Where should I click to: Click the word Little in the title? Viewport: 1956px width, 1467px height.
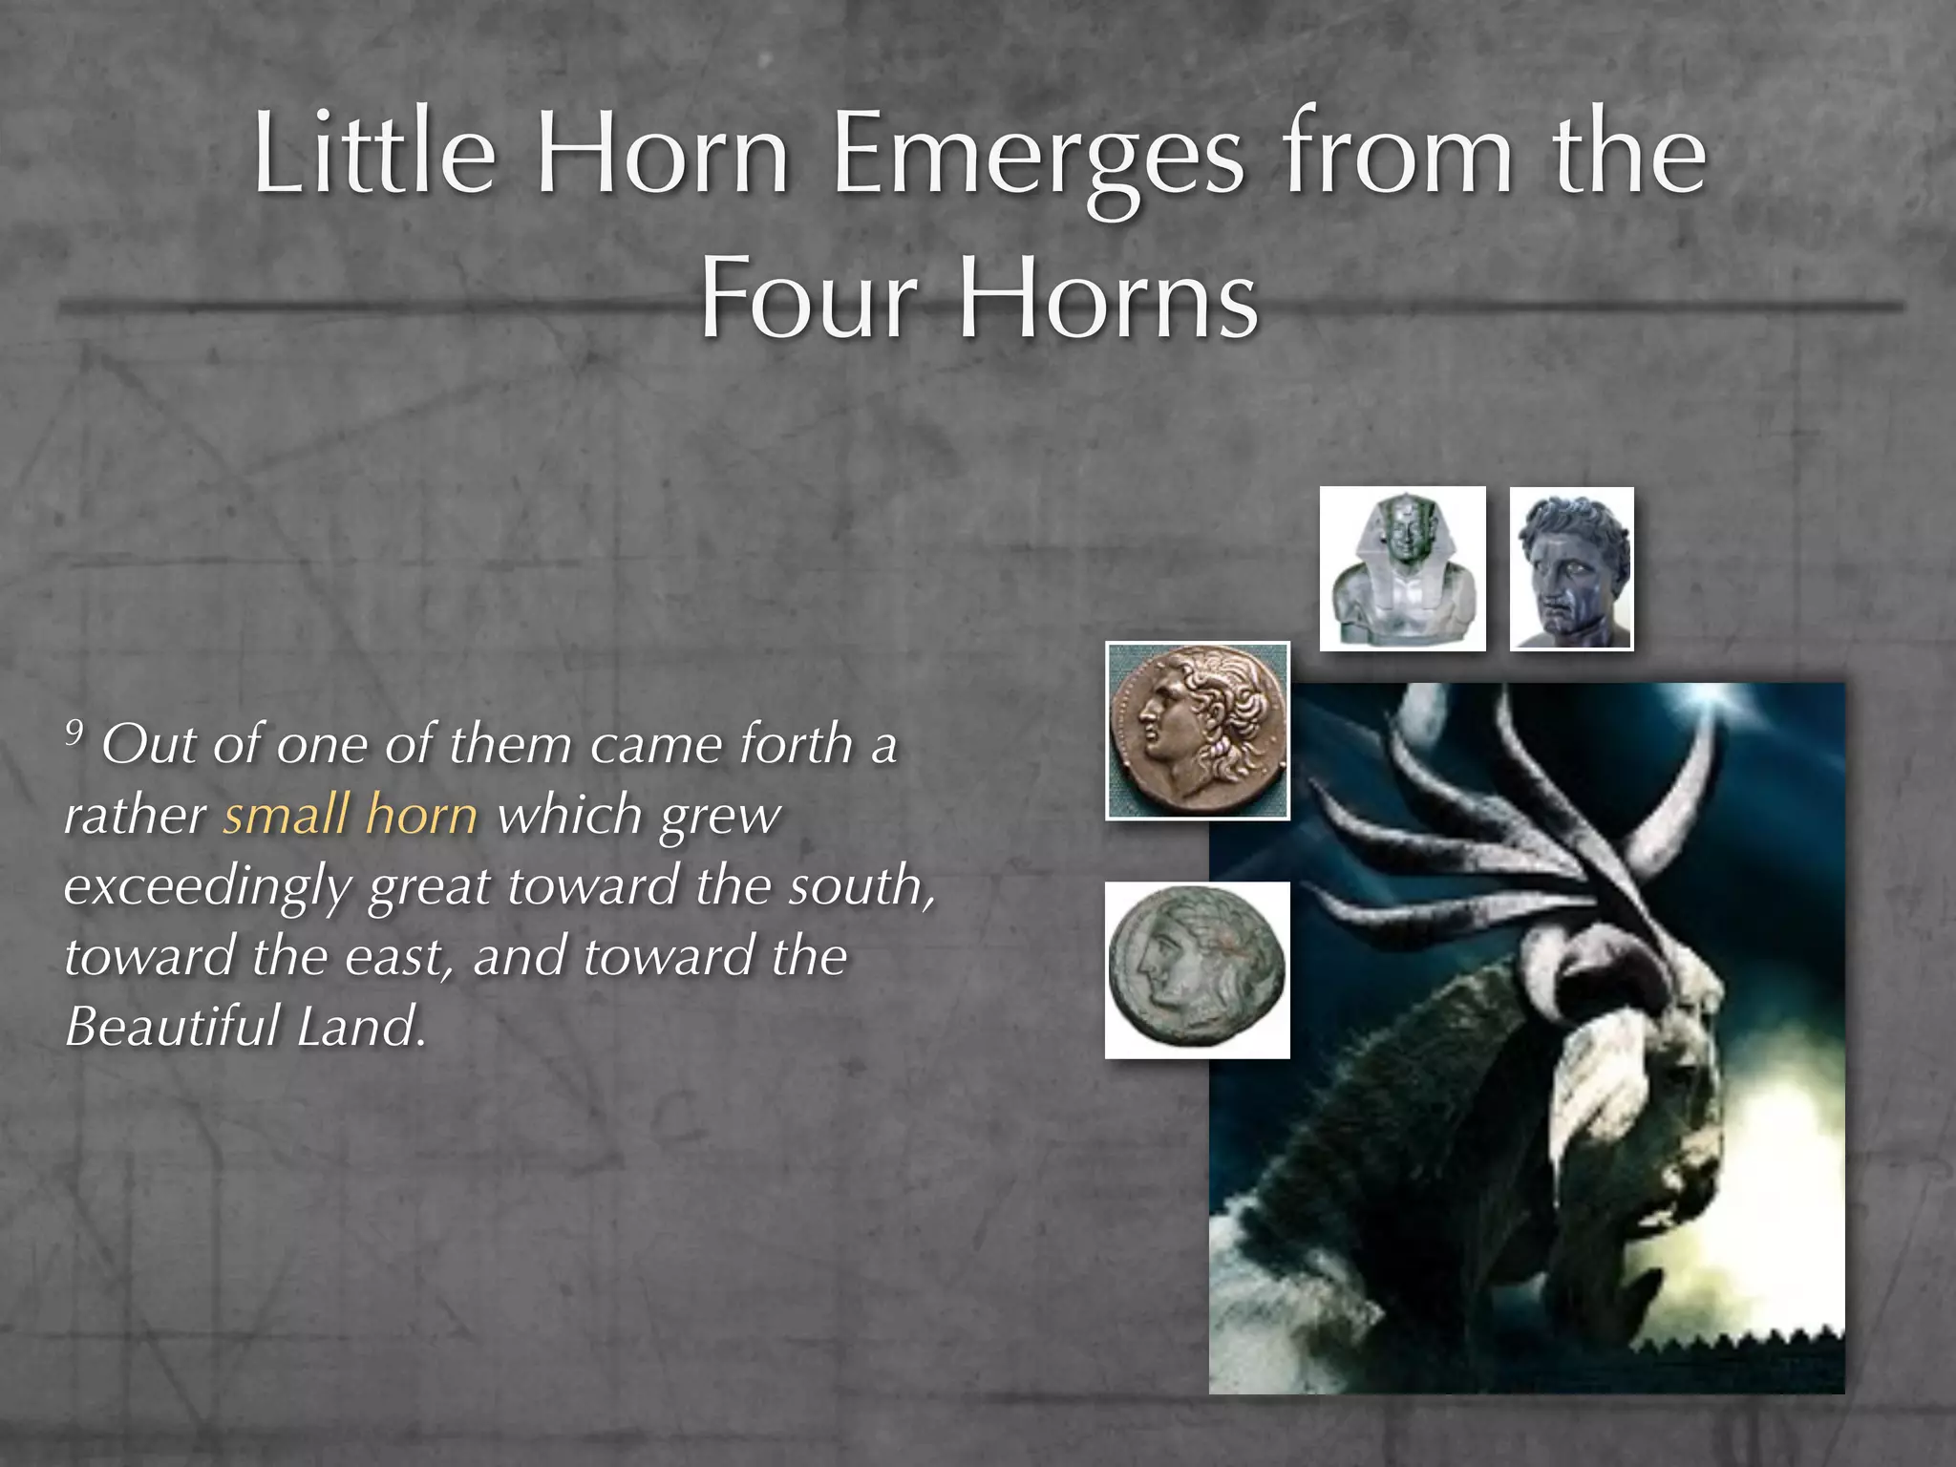[374, 153]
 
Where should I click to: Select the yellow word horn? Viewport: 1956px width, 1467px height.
[421, 816]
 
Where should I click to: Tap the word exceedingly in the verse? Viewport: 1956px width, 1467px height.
[206, 886]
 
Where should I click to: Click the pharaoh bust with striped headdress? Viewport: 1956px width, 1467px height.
[1402, 569]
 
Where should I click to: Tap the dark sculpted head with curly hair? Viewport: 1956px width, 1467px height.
[1571, 569]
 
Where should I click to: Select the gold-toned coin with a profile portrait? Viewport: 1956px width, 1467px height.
[1198, 732]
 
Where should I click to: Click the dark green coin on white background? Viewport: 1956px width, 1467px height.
[1198, 970]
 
